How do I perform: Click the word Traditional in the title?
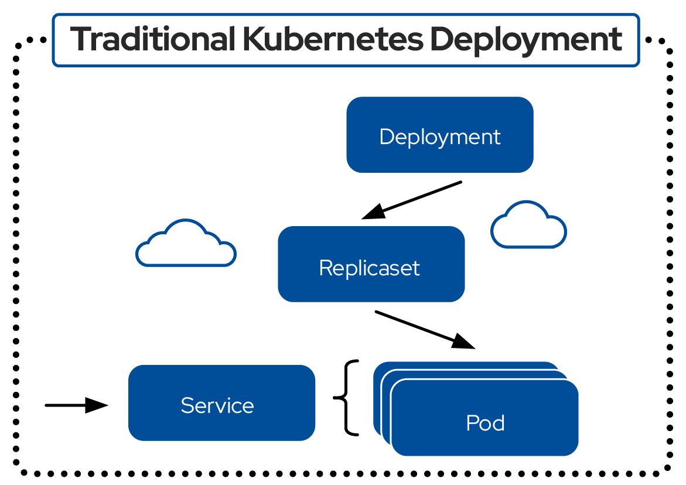tap(153, 40)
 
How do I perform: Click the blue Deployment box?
tap(439, 135)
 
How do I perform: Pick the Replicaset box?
tap(371, 264)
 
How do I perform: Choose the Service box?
tap(221, 402)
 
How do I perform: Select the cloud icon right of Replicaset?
tap(528, 226)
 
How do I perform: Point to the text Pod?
tap(485, 423)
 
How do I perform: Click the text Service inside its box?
tap(217, 405)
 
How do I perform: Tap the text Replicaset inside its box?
tap(369, 268)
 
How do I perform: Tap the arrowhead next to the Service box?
tap(97, 405)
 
